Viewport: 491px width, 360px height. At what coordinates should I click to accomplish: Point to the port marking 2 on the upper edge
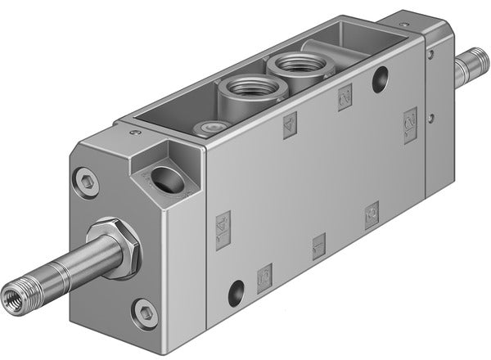click(345, 97)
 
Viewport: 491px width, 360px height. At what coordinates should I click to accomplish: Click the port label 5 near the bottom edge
click(264, 278)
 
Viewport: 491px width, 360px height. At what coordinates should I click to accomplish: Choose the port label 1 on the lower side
click(319, 245)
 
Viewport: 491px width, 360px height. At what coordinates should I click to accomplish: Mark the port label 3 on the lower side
click(372, 214)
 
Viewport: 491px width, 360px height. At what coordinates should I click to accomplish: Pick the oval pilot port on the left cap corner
click(167, 179)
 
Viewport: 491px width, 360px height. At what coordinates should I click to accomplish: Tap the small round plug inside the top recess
click(214, 127)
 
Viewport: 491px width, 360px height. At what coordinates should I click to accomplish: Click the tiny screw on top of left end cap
click(136, 132)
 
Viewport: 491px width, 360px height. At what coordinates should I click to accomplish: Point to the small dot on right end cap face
click(430, 55)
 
